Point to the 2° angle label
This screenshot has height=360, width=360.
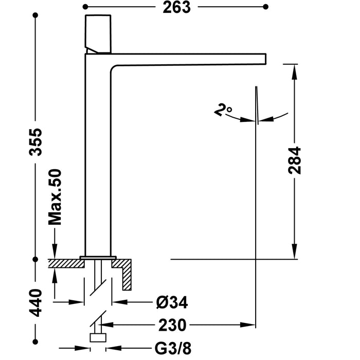[x=224, y=110]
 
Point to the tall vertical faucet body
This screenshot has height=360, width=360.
[x=97, y=154]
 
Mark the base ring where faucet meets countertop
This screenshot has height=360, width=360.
[x=98, y=256]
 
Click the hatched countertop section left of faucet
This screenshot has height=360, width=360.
[x=65, y=263]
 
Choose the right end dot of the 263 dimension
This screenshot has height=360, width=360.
[x=265, y=7]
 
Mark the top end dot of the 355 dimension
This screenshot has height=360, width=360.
[x=35, y=15]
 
